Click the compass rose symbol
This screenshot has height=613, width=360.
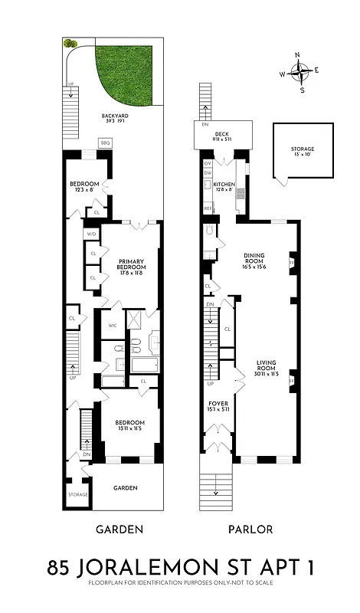(303, 74)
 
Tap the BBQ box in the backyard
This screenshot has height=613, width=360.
(105, 143)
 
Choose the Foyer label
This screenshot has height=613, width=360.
(218, 405)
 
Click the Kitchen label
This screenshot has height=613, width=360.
(224, 185)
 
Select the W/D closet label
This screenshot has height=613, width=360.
(91, 234)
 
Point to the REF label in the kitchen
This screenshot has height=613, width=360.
(208, 208)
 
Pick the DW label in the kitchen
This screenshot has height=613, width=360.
(208, 172)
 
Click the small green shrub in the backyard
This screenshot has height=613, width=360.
(70, 44)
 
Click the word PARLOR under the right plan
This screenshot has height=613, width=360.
(250, 529)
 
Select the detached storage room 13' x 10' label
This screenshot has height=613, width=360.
(302, 152)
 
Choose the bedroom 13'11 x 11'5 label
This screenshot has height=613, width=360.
(130, 426)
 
